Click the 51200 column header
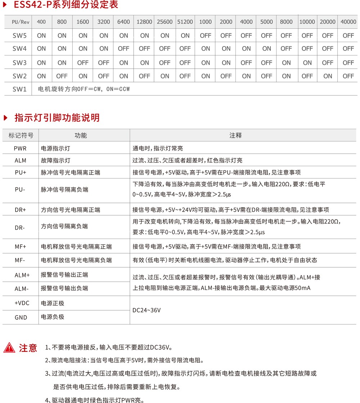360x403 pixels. click(x=185, y=22)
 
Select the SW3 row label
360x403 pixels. click(x=20, y=63)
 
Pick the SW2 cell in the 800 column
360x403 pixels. click(x=62, y=76)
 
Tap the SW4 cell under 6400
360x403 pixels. click(x=123, y=49)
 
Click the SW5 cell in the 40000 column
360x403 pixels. click(x=348, y=35)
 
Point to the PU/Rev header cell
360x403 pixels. click(x=21, y=22)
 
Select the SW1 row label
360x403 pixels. click(x=20, y=89)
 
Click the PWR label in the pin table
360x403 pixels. click(x=20, y=148)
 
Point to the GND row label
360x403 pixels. click(x=21, y=317)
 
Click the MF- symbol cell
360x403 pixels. click(x=20, y=260)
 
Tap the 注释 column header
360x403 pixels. click(x=235, y=135)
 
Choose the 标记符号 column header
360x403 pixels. click(x=21, y=135)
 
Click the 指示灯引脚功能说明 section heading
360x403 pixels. click(x=57, y=118)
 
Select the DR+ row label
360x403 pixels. click(x=20, y=210)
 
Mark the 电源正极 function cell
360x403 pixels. click(x=53, y=303)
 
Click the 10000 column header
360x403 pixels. click(x=307, y=22)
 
